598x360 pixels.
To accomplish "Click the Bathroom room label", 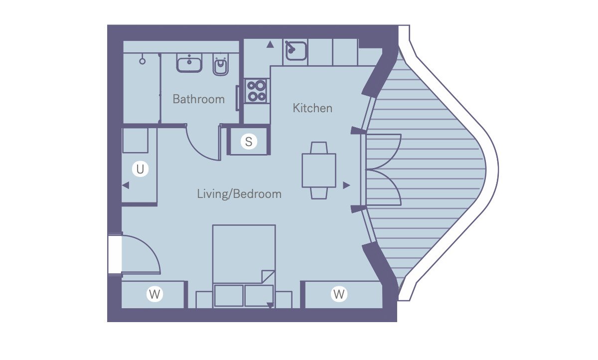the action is [x=199, y=99].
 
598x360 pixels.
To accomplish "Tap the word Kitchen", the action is [x=312, y=108].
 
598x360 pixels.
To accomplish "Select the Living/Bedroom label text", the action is [x=239, y=194].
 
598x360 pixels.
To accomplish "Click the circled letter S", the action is [x=249, y=142].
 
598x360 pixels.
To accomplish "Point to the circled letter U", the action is [x=140, y=169].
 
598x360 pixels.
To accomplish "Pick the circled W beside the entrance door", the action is [x=154, y=294].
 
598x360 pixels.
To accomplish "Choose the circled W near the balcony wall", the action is [x=339, y=294].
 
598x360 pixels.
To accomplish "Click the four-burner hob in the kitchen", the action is [x=257, y=91].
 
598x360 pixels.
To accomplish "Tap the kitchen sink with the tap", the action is [x=296, y=50].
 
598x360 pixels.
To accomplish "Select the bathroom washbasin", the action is [x=189, y=62].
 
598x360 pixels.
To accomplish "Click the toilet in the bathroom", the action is [x=221, y=64].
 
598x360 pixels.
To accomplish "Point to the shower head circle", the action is [x=143, y=61].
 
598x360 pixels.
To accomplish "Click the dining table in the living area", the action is [x=319, y=171].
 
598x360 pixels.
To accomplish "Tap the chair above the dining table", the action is [x=319, y=148].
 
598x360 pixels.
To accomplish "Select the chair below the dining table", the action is [x=319, y=193].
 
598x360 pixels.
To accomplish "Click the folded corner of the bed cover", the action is [x=268, y=277].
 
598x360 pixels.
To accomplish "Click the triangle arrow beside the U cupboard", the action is [x=126, y=185].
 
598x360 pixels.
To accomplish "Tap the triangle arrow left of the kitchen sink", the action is [x=270, y=44].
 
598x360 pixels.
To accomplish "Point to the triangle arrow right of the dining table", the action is [x=346, y=185].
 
